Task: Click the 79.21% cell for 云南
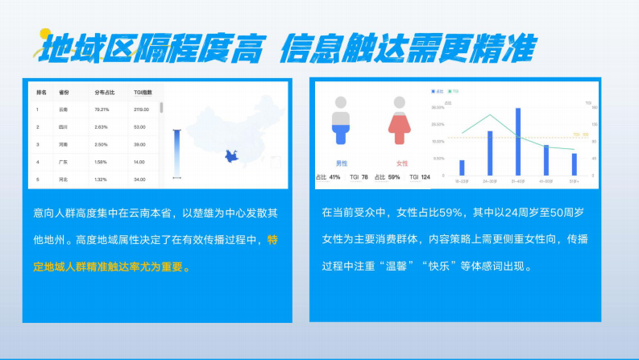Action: (102, 109)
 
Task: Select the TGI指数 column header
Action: (142, 93)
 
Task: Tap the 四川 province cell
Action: (64, 126)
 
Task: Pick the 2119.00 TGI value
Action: (142, 109)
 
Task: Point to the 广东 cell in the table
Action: (64, 162)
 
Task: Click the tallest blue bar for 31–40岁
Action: (518, 142)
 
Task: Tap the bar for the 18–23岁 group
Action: (462, 167)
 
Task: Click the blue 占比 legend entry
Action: (436, 91)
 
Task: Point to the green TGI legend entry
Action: (454, 91)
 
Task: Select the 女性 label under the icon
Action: (399, 163)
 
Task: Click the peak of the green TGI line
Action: (491, 115)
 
